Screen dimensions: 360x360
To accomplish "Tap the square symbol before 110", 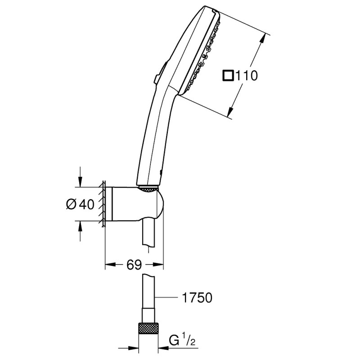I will (229, 76).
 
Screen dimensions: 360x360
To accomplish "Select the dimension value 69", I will (134, 264).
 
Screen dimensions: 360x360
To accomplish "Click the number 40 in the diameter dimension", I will (86, 204).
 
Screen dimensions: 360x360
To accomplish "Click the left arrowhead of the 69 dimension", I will (108, 264).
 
